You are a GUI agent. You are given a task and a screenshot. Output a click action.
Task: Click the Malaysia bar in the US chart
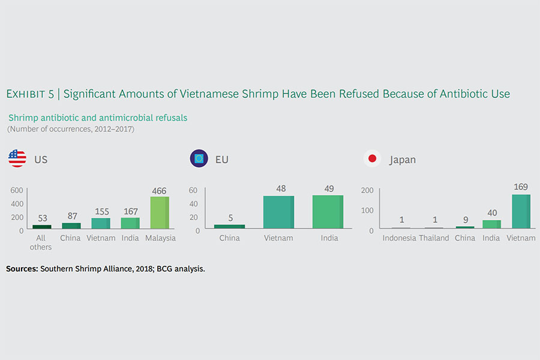point(159,212)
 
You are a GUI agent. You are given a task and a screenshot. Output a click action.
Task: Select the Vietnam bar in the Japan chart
point(520,211)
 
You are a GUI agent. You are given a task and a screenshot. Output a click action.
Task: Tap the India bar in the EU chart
point(327,212)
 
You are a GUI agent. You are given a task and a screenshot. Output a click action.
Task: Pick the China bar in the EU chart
point(229,226)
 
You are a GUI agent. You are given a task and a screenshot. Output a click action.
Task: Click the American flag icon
point(17,159)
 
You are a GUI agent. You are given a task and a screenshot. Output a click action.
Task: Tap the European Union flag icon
point(199,159)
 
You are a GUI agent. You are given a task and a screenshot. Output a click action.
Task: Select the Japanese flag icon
point(372,159)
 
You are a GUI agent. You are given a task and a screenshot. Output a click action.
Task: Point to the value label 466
point(159,190)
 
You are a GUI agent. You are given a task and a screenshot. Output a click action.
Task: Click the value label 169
point(520,187)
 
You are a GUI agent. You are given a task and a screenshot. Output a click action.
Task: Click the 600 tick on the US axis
point(17,190)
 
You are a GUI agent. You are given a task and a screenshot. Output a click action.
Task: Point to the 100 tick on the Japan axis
point(367,210)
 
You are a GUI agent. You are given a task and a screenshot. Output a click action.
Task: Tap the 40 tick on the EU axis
point(194,203)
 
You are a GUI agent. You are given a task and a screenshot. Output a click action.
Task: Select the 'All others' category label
point(41,242)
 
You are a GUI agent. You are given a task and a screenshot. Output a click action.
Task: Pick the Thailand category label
point(434,238)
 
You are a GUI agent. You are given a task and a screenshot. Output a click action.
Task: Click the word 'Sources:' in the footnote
point(22,269)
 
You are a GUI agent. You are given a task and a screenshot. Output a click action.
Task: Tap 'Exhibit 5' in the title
point(30,94)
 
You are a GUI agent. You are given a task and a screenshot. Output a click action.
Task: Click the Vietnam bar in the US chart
point(100,223)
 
